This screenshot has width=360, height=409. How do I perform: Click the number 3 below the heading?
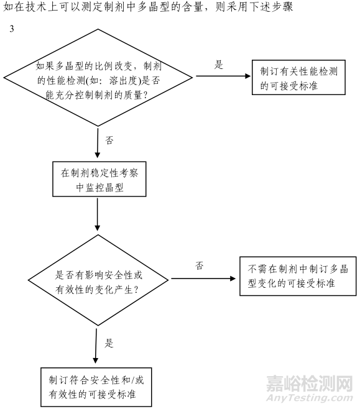tap(12, 29)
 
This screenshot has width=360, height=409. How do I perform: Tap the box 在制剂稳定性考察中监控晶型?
tap(98, 180)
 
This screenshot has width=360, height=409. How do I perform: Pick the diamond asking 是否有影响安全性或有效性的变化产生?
tap(98, 282)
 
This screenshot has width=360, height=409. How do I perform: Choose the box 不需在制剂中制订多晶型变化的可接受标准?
tap(294, 277)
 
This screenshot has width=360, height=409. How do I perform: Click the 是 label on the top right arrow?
tap(219, 65)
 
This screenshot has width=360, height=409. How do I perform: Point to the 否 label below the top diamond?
tap(109, 140)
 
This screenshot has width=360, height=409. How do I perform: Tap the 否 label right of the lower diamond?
tap(200, 265)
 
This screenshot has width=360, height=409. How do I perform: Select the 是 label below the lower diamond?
tap(109, 342)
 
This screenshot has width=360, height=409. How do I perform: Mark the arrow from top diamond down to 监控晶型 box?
tap(98, 142)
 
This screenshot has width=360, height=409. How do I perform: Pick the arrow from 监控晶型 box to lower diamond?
tap(98, 214)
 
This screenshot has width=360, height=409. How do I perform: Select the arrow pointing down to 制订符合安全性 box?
tap(96, 346)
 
